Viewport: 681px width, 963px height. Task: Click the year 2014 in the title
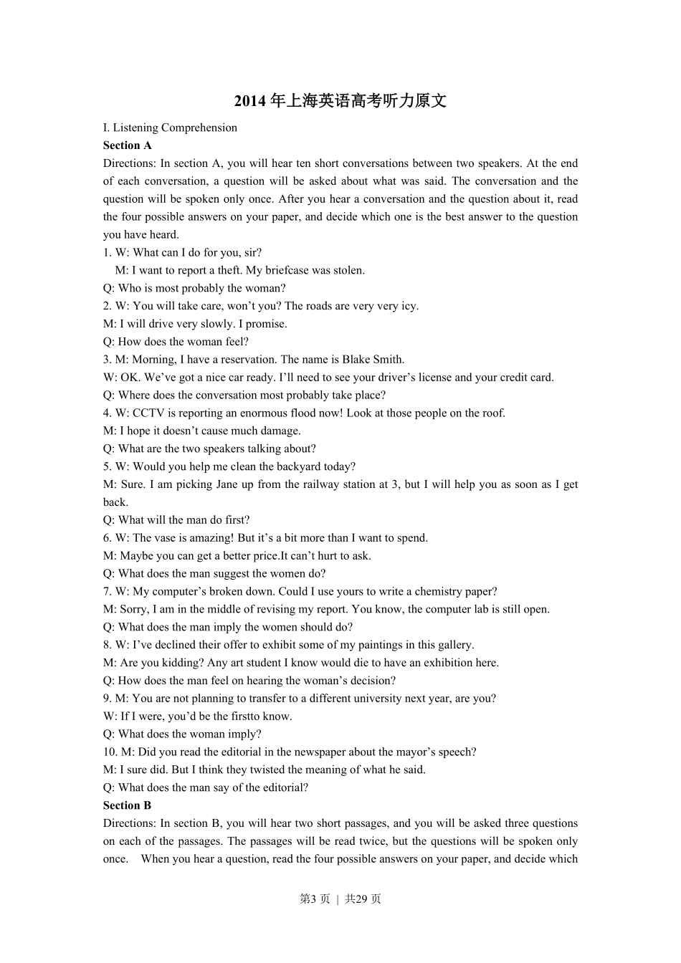coord(250,101)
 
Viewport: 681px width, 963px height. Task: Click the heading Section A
coord(128,145)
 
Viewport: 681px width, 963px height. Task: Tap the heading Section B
coord(128,805)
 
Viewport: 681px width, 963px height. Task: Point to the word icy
coord(410,306)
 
